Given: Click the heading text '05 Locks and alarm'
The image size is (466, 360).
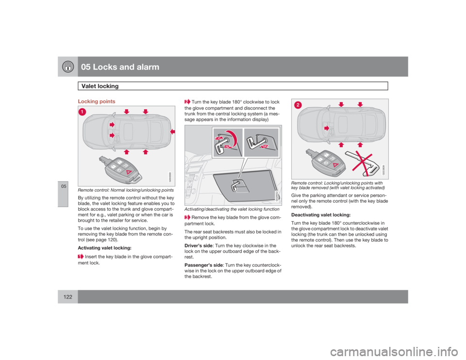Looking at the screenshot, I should click(x=119, y=67).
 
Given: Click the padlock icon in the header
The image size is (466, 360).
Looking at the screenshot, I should click(x=67, y=67).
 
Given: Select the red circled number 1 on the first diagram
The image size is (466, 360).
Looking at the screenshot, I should click(x=83, y=112).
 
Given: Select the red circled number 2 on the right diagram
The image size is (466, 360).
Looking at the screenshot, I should click(x=297, y=105).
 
